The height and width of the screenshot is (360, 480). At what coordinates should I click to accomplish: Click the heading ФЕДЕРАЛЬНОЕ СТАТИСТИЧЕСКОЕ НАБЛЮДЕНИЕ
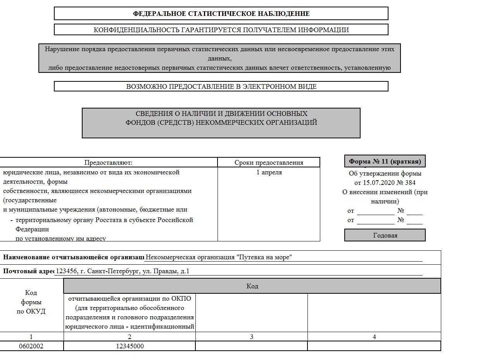(x=221, y=14)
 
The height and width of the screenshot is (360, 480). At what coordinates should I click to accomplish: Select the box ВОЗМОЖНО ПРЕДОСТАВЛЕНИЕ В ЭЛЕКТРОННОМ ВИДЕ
(x=221, y=86)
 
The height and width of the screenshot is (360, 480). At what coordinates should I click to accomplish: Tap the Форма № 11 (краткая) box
(x=385, y=161)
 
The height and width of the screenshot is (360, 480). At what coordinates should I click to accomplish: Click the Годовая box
(x=385, y=235)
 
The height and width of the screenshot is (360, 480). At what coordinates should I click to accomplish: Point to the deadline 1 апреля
(x=269, y=172)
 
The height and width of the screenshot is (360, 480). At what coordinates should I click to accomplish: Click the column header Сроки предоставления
(x=269, y=162)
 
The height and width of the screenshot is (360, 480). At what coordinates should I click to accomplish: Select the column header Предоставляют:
(x=109, y=162)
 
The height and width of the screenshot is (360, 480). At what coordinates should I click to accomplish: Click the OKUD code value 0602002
(x=31, y=346)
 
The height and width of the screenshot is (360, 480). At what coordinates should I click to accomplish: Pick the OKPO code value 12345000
(x=129, y=346)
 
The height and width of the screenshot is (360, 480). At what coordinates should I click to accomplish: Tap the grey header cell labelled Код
(x=252, y=286)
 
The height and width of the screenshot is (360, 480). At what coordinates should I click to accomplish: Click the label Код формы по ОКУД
(x=31, y=302)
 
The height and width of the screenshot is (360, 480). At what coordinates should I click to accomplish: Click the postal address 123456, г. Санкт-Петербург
(x=123, y=271)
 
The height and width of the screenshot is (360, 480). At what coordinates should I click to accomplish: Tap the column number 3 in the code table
(x=251, y=337)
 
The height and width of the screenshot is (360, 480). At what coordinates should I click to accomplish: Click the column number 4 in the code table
(x=374, y=337)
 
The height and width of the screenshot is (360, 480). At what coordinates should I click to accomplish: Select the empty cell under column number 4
(x=374, y=346)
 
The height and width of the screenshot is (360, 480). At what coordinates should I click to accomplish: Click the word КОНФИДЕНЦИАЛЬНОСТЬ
(x=135, y=30)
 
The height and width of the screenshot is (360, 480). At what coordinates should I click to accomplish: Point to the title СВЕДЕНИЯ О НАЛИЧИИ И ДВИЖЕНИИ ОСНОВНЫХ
(x=221, y=114)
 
